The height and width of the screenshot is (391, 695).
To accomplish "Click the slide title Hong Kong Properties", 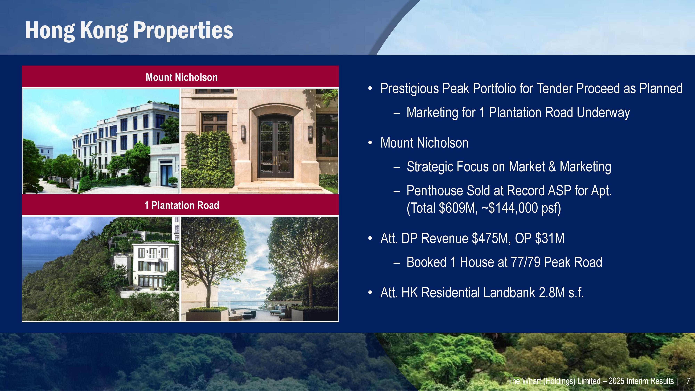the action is click(129, 30).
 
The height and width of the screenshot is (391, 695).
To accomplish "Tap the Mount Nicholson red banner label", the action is click(182, 78).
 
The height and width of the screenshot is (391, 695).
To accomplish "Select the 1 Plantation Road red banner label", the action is click(182, 205).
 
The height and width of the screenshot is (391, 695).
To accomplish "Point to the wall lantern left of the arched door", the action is click(243, 132).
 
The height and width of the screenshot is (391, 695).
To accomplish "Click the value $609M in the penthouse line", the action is click(458, 208).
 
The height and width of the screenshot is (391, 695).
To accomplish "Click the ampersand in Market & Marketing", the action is click(552, 166).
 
